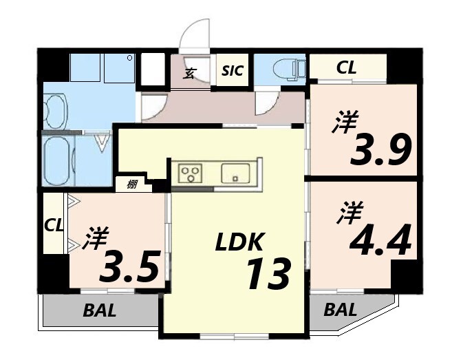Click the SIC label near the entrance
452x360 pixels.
click(x=233, y=70)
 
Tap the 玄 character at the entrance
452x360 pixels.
click(x=189, y=73)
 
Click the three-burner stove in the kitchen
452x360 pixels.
click(x=191, y=173)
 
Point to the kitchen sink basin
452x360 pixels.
click(x=235, y=173)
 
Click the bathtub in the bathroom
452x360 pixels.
click(x=58, y=161)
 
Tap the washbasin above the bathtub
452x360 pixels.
click(x=56, y=111)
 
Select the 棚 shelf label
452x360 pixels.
click(x=132, y=184)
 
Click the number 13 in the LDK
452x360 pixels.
click(x=268, y=273)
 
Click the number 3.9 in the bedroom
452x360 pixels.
click(x=380, y=149)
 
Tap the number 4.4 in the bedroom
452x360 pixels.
click(x=380, y=240)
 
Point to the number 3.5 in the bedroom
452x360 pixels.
click(x=129, y=266)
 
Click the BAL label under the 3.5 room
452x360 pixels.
click(x=100, y=310)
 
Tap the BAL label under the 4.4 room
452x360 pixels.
click(x=340, y=310)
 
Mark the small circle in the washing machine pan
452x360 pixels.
click(x=130, y=59)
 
